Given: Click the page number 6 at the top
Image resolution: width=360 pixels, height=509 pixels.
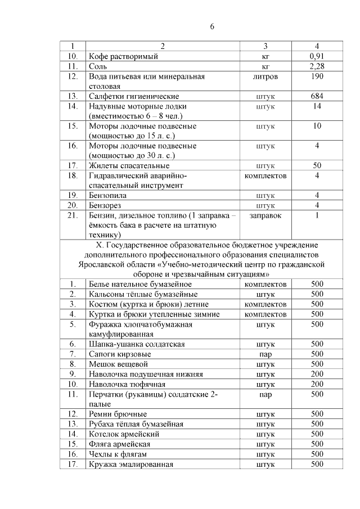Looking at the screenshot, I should [x=213, y=26].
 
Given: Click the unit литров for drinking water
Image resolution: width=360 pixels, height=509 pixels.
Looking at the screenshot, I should [x=265, y=76].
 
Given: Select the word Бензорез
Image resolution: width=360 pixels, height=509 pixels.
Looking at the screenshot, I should [x=105, y=205].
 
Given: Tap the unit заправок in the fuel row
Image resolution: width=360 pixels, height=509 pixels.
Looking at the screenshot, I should [x=265, y=215].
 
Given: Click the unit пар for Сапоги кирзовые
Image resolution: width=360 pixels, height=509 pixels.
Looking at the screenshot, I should [x=265, y=354].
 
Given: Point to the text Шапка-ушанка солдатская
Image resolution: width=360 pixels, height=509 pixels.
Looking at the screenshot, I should [x=136, y=344].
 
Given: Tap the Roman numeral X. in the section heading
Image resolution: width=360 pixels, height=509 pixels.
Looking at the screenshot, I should [x=101, y=245].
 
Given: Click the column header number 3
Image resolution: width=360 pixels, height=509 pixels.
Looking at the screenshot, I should [x=265, y=46].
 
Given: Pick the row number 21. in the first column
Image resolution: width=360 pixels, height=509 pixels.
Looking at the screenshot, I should [x=73, y=215].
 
